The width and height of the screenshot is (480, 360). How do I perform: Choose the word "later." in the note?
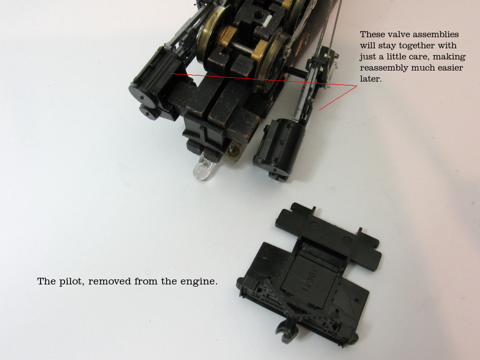click(x=371, y=79)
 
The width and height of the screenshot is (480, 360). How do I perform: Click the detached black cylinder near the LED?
click(x=279, y=148)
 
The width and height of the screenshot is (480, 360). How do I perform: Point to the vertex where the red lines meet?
click(x=357, y=86)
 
